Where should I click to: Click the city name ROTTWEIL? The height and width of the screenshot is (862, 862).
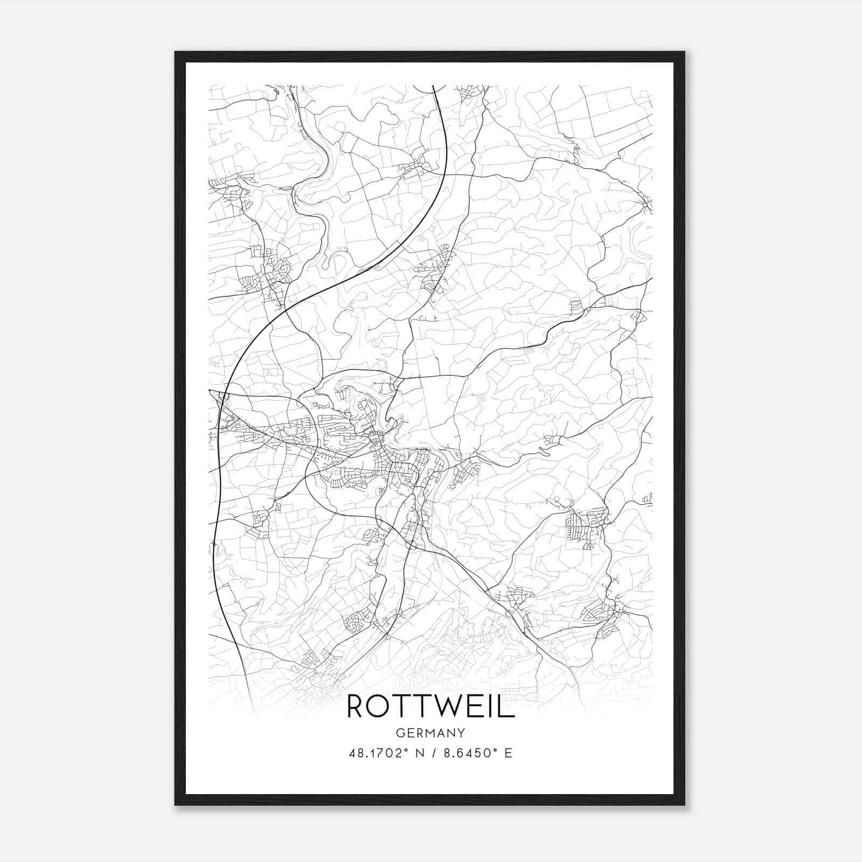(430, 706)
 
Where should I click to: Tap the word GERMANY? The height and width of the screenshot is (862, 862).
(430, 733)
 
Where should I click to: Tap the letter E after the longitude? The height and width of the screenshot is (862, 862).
(508, 753)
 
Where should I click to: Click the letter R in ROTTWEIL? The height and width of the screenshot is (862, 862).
(357, 706)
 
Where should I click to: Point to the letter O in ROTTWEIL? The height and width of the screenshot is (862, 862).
(380, 706)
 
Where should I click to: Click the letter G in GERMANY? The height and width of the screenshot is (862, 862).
(399, 733)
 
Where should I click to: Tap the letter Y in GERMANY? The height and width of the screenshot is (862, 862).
(462, 733)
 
